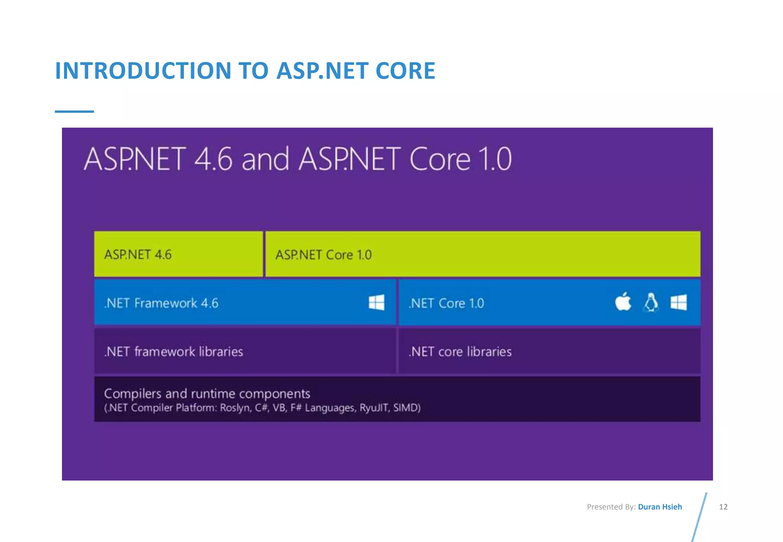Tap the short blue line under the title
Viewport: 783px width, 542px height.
(74, 111)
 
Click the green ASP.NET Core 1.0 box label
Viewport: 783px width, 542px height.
(323, 255)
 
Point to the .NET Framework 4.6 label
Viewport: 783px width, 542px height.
(161, 303)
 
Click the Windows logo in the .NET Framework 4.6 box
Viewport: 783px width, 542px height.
(377, 303)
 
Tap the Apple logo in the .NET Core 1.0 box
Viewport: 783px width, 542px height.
(623, 302)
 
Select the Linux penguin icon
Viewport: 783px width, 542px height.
(651, 302)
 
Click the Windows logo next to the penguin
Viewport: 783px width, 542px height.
(679, 303)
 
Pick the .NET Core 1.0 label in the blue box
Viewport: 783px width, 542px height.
(447, 303)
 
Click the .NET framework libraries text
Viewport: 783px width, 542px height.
(174, 352)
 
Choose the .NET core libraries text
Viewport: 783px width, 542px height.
(460, 352)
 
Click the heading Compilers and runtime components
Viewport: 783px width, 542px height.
(207, 393)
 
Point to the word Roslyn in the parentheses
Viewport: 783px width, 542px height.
(235, 408)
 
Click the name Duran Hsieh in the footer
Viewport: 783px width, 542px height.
(660, 507)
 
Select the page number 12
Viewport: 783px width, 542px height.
(723, 507)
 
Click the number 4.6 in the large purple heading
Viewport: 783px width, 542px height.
(213, 159)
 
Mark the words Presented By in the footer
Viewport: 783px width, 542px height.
(611, 507)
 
